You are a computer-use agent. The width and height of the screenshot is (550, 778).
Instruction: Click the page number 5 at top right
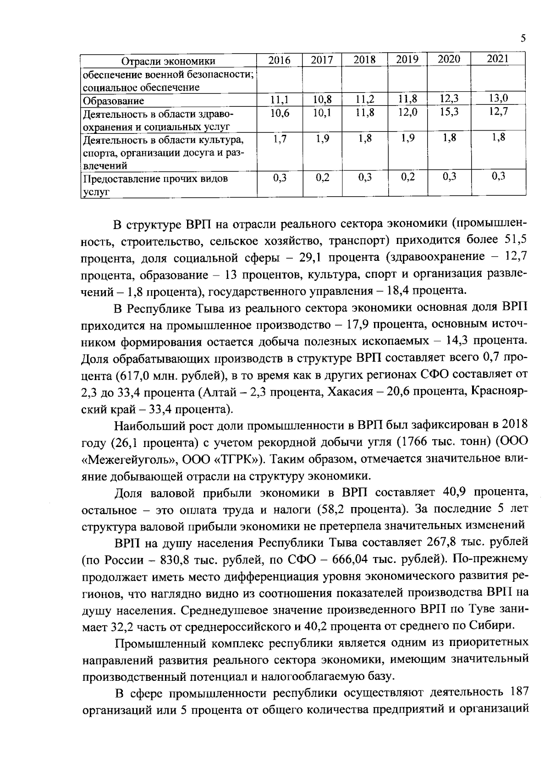(x=523, y=39)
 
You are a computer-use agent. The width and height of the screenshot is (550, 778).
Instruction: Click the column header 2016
(x=279, y=60)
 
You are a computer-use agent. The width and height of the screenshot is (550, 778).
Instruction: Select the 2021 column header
(x=497, y=59)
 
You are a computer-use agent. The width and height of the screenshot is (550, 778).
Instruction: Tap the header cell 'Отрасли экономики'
(x=168, y=61)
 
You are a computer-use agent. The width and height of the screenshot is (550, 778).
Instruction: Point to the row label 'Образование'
(x=113, y=101)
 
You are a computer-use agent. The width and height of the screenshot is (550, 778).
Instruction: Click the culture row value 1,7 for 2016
(x=279, y=139)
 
